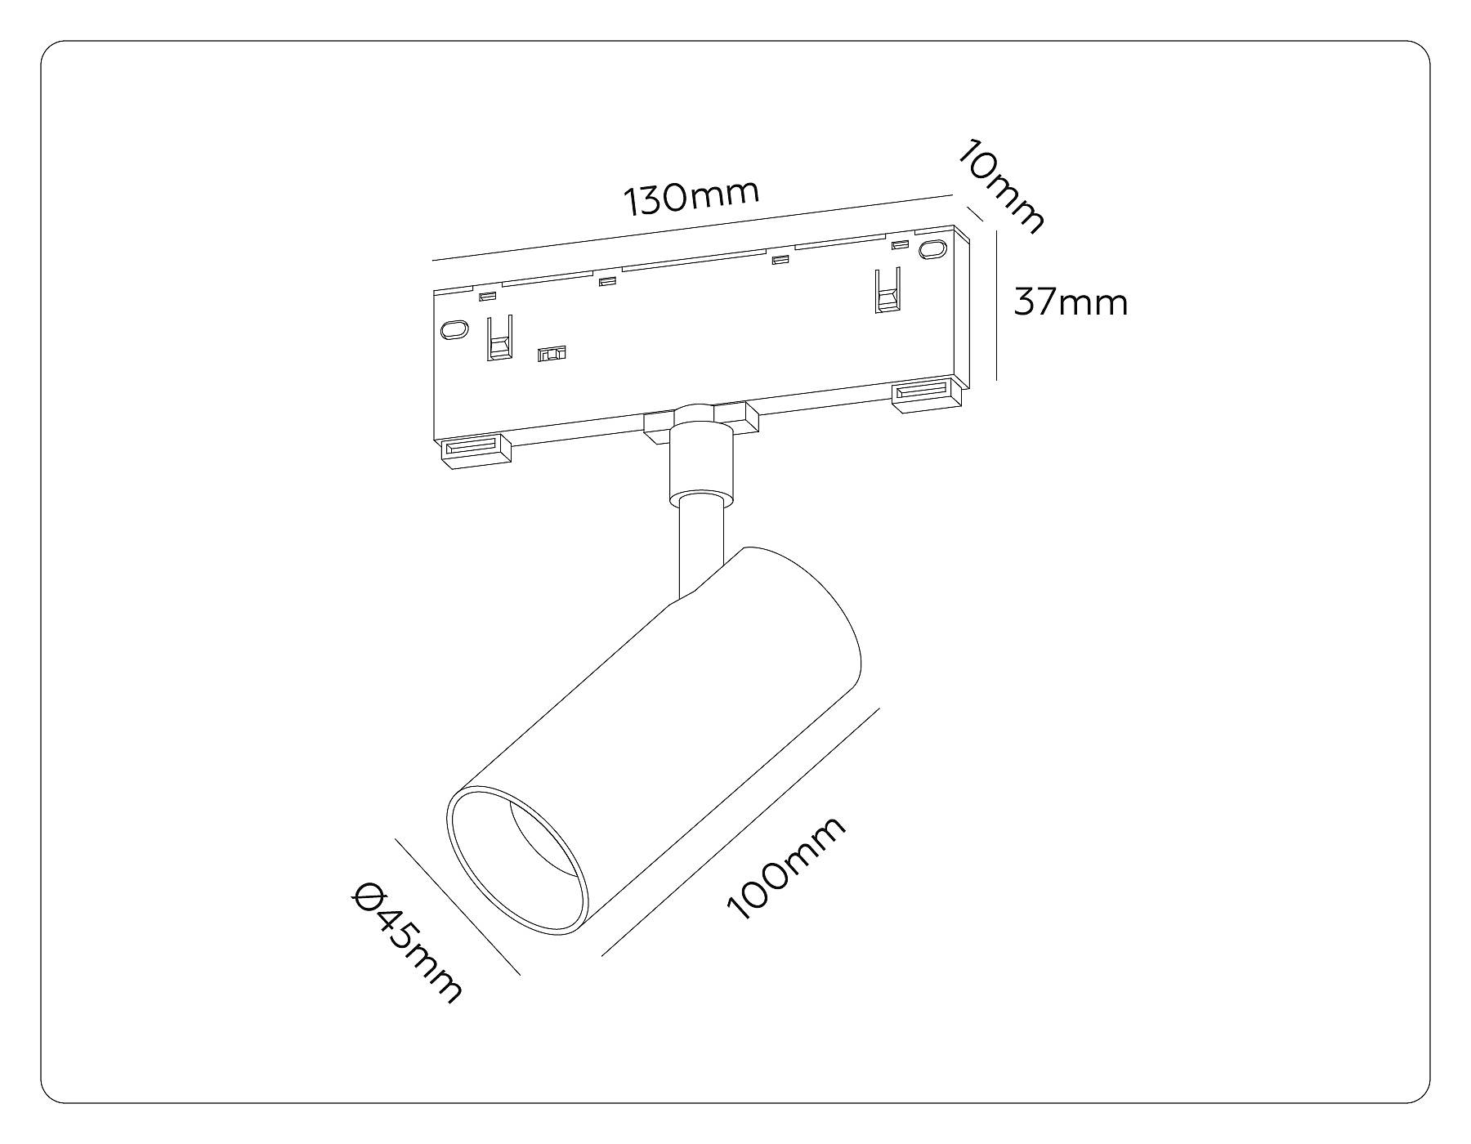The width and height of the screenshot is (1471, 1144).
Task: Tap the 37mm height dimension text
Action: (1071, 302)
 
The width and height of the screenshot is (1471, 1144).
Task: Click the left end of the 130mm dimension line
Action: (432, 261)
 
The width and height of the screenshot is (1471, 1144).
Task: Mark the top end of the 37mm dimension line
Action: (997, 231)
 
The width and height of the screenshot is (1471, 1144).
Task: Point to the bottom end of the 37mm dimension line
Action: (997, 381)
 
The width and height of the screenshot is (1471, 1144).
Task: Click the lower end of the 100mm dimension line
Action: (602, 955)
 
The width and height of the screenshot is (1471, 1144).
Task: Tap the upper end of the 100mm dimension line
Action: (879, 709)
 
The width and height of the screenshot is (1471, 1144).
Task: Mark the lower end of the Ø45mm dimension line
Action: (521, 975)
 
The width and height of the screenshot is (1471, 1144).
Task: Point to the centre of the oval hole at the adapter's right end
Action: (929, 251)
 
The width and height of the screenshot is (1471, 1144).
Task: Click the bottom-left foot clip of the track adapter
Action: (476, 451)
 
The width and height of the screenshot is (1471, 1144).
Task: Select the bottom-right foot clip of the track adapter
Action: (929, 395)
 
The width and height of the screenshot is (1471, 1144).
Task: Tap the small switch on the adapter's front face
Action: (552, 354)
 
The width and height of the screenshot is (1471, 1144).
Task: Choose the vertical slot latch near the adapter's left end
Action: (499, 337)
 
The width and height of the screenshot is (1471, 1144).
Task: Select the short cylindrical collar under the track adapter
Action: (700, 458)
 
